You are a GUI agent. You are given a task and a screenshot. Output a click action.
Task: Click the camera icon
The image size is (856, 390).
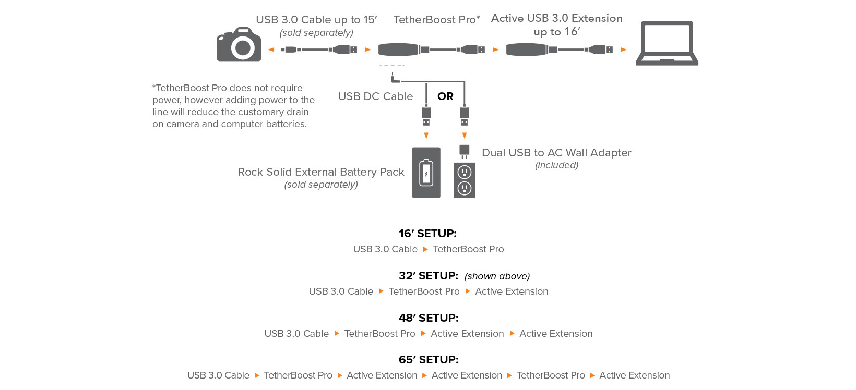click(x=239, y=44)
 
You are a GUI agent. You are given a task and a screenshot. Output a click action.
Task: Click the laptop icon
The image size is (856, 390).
click(x=667, y=43)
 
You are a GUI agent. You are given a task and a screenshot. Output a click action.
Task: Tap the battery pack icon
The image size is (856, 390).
click(x=426, y=173)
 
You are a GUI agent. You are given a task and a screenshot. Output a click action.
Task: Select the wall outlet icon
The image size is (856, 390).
click(x=465, y=180)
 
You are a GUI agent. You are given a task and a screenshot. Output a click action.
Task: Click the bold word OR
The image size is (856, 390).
click(x=445, y=96)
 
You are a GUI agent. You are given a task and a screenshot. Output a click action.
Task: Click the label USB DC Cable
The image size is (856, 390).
click(x=375, y=96)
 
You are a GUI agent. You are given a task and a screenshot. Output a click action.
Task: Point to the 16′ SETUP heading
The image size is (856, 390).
click(x=427, y=233)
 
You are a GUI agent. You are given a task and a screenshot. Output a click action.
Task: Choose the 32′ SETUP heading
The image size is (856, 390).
click(x=429, y=275)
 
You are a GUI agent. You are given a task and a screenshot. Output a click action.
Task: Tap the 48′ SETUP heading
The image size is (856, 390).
click(x=429, y=318)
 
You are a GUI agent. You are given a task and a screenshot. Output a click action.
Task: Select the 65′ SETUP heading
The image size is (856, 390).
click(x=429, y=359)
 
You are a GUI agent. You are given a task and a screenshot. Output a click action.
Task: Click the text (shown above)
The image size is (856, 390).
click(x=497, y=276)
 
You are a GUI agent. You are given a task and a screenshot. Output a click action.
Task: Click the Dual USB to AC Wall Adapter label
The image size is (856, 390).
click(x=556, y=153)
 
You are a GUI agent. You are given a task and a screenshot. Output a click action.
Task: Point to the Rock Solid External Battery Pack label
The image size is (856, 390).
click(x=321, y=172)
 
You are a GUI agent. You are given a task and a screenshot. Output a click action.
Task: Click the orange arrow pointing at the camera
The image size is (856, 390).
click(x=271, y=50)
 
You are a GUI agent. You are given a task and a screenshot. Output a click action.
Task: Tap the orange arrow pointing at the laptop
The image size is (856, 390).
click(x=624, y=50)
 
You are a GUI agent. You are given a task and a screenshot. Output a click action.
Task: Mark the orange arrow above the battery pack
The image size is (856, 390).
click(x=426, y=136)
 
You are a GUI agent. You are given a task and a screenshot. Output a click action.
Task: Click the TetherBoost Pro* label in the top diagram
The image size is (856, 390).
click(x=437, y=20)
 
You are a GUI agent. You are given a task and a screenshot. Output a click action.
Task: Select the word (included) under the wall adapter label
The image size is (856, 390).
click(x=556, y=165)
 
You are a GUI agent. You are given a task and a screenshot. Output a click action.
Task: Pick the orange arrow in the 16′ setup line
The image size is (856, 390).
click(x=425, y=249)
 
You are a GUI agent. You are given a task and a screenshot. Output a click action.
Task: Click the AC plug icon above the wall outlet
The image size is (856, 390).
click(x=465, y=151)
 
